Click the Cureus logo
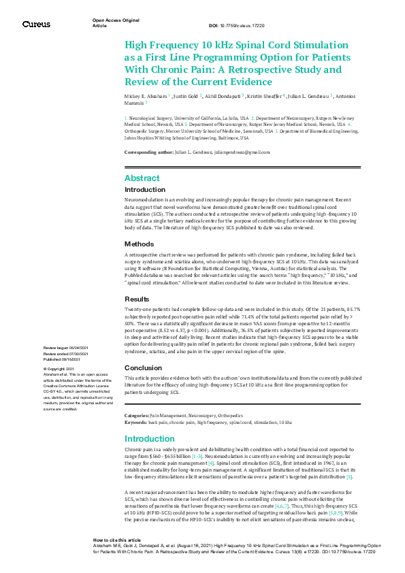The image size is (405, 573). click(35, 24)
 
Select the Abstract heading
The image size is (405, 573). click(142, 178)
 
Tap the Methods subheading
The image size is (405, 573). click(140, 244)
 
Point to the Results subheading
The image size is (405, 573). click(138, 299)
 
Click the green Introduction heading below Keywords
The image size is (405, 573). click(149, 420)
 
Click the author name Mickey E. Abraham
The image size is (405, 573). click(145, 97)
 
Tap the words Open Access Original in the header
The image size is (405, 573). click(115, 20)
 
